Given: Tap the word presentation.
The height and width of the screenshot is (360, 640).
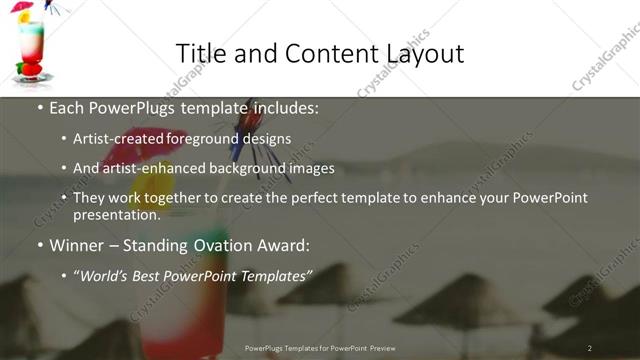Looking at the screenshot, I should (116, 214).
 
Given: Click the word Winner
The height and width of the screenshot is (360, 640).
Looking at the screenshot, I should (78, 244).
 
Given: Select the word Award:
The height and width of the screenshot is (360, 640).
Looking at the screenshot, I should (285, 244).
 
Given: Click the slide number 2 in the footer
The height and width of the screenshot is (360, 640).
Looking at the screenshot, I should (590, 347).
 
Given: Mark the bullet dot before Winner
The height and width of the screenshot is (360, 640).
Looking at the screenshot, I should (39, 244).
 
